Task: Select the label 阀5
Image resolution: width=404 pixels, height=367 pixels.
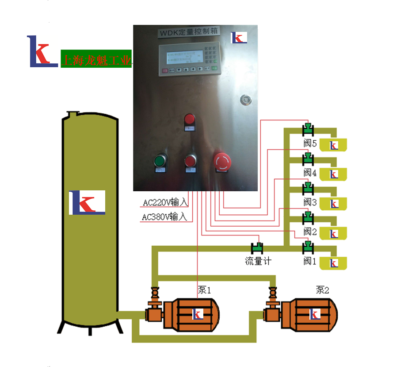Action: tap(310, 143)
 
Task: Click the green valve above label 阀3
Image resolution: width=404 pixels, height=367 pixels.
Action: tap(308, 188)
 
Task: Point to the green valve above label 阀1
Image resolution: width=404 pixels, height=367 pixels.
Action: tap(308, 247)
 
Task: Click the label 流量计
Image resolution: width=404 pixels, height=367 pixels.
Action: tap(258, 261)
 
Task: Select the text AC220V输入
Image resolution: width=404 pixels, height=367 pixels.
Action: tap(165, 203)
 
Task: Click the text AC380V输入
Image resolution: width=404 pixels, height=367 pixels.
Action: tap(164, 217)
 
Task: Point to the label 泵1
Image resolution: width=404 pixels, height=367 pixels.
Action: tap(204, 290)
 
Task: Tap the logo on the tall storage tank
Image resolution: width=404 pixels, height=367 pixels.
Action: tap(87, 202)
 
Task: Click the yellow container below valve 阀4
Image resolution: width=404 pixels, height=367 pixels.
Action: tap(333, 174)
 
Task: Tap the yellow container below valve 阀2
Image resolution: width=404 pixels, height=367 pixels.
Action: tap(333, 233)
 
